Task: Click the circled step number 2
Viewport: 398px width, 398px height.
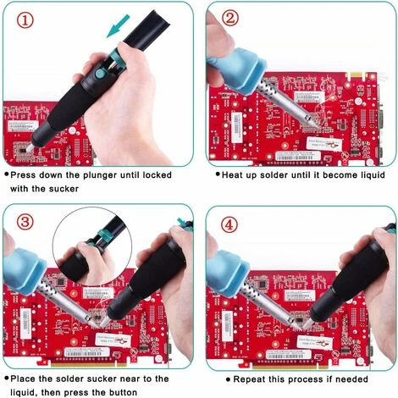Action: point(229,17)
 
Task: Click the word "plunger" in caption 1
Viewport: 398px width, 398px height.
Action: point(94,174)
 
